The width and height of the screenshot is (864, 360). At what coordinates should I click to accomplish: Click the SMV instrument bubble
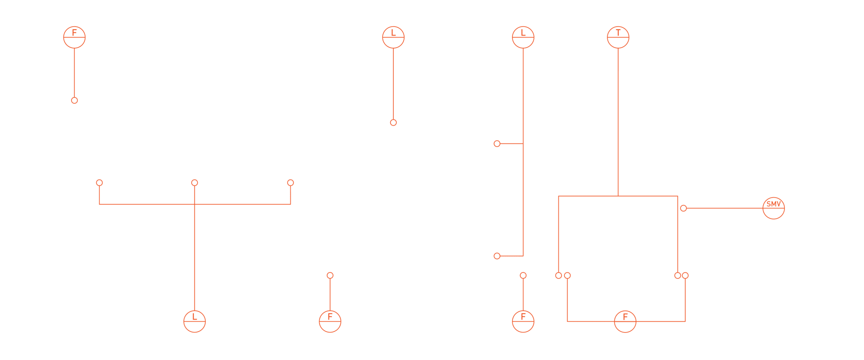point(774,208)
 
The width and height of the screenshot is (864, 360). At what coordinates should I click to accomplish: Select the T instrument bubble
point(618,37)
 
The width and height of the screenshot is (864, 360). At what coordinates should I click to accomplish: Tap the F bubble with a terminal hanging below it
point(74,37)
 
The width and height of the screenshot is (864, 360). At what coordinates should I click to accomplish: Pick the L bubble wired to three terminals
point(194,322)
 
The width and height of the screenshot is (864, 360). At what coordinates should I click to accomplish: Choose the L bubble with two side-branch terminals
point(523,37)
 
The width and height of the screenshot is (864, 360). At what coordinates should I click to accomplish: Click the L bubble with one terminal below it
point(393,37)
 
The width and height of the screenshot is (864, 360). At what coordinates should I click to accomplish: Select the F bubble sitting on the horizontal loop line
point(625,322)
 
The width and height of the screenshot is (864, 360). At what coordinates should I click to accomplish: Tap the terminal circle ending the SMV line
point(683,208)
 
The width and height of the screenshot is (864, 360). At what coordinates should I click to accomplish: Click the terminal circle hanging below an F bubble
point(74,100)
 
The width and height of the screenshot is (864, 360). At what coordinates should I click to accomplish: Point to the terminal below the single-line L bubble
point(393,122)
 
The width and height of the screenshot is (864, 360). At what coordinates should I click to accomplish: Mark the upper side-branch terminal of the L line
point(497,144)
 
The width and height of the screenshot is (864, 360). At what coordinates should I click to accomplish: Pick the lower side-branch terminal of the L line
point(497,256)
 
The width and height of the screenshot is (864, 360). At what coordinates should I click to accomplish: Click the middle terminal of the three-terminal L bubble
point(194,183)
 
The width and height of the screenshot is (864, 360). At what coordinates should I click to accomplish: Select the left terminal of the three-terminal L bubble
point(99,183)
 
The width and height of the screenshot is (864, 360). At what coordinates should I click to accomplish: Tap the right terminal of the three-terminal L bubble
point(290,183)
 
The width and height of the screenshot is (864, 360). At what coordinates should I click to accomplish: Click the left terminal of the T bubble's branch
point(558,275)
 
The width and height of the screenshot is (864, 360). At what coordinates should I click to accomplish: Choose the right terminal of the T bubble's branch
point(678,275)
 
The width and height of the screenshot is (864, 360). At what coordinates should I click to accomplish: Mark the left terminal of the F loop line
point(567,275)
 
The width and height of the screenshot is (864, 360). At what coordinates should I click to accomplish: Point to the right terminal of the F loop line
point(685,275)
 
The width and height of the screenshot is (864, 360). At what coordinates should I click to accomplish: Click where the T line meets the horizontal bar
point(618,196)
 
